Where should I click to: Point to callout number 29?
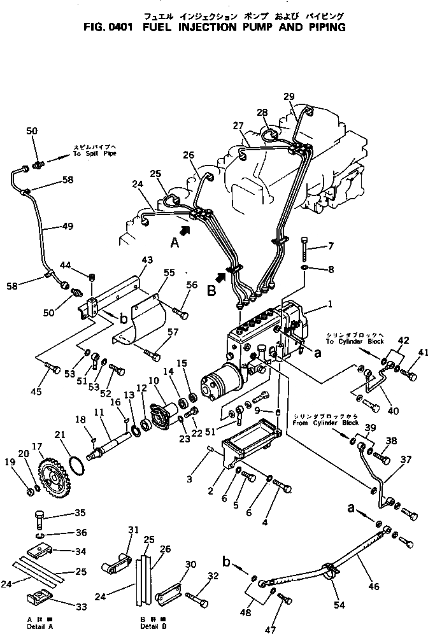[x=290, y=96]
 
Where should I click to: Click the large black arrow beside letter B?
[x=220, y=277]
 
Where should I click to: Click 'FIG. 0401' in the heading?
[x=108, y=27]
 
